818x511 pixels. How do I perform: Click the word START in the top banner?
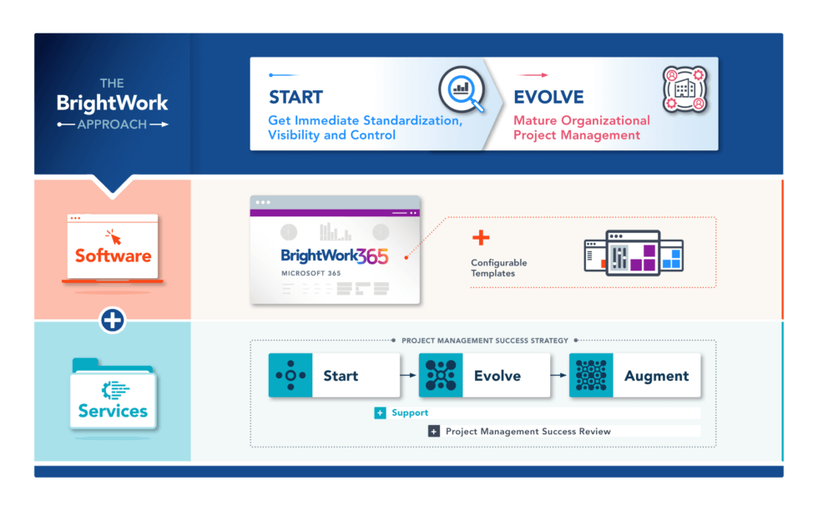pos(295,97)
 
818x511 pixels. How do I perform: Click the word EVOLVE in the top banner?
pos(548,97)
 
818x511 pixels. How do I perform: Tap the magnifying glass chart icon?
pos(462,90)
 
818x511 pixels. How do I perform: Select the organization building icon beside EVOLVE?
pos(684,89)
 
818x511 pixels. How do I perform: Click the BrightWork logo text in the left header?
pos(112,104)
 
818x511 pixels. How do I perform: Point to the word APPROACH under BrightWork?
pos(112,124)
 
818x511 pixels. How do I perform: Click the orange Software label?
pos(113,255)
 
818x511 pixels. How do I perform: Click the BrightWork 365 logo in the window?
pos(335,256)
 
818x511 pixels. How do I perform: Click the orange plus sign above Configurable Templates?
pos(481,238)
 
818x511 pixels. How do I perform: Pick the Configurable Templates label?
pos(498,268)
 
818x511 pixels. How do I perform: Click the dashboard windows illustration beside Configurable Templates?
pos(634,253)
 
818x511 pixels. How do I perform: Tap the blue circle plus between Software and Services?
pos(113,320)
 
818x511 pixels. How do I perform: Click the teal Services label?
pos(113,411)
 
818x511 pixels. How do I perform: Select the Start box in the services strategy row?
pos(334,376)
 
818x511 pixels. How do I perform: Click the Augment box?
pos(634,376)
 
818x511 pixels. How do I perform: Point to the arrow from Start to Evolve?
pos(408,376)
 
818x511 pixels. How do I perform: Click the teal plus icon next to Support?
pos(380,412)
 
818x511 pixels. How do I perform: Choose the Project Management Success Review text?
pos(528,432)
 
